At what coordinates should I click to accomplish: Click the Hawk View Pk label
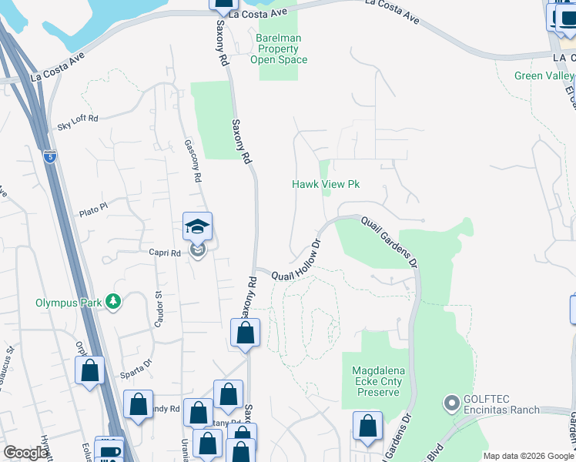pos(326,185)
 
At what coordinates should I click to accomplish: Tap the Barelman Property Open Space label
pos(279,49)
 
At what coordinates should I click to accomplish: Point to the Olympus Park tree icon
pos(114,301)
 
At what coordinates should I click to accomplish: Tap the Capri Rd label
pos(164,252)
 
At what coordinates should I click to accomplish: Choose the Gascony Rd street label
pos(193,160)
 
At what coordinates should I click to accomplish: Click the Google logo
pos(25,453)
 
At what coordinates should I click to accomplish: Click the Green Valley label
pos(544,75)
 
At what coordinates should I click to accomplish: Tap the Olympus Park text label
pos(69,303)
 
